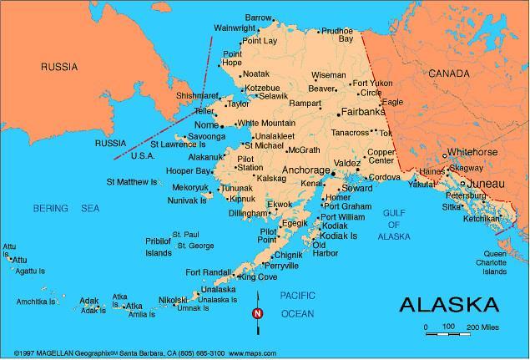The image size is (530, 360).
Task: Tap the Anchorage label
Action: coord(306,170)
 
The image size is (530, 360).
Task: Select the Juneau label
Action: coord(486,182)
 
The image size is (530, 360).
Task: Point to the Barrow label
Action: coord(259,18)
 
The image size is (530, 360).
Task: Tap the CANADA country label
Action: coord(450,74)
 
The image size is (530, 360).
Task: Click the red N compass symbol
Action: coord(258,314)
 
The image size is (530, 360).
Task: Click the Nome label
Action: coord(205,124)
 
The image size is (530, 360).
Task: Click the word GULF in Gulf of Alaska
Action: coord(394,213)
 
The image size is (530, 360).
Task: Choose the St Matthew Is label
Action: coord(131,181)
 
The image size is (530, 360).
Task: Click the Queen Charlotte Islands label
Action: coord(496,262)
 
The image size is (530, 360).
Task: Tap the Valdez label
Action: coord(347,162)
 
